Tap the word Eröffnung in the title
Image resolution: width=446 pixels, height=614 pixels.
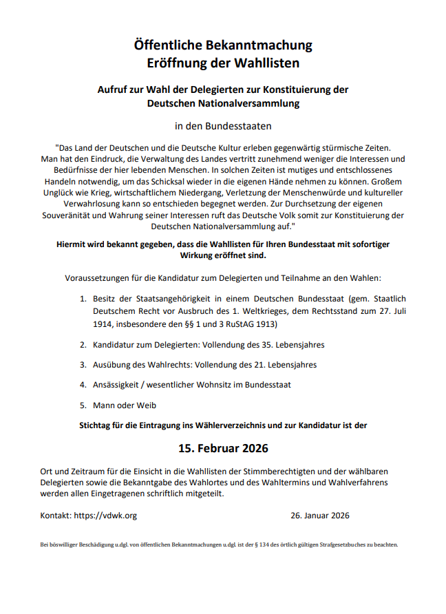point(177,63)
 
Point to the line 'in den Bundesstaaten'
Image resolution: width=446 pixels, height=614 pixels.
point(223,126)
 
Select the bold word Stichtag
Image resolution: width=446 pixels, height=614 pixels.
point(98,425)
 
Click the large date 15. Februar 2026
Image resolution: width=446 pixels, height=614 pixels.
point(223,448)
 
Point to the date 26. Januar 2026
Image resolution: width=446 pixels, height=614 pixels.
point(319,515)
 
